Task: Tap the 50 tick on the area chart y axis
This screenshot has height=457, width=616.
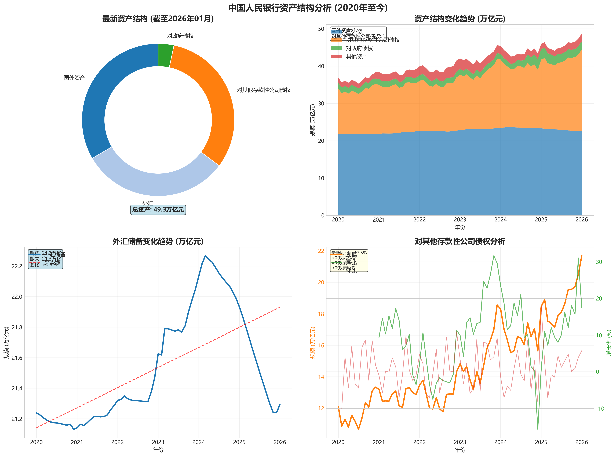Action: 321,29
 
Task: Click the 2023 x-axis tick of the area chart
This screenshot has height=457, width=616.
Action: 460,220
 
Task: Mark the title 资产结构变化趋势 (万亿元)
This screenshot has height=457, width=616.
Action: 460,19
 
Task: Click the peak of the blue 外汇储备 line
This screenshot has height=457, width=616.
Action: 205,256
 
